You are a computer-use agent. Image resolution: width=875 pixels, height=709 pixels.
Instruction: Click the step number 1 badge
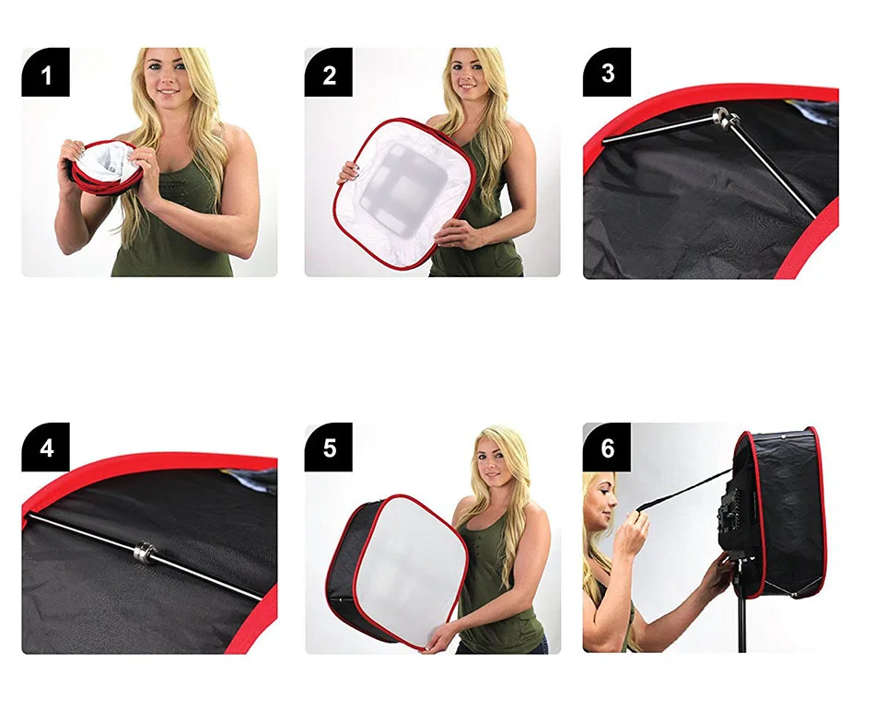pos(46,73)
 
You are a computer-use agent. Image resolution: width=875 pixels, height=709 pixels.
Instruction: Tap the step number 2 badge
pos(329,73)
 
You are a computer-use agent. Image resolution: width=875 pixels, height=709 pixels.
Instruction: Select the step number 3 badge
pos(607,73)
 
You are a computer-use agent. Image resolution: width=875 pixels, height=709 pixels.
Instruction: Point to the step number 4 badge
pos(46,447)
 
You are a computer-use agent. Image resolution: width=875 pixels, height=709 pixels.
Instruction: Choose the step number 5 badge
pos(329,447)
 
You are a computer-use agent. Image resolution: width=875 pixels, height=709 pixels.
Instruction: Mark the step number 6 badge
pos(607,447)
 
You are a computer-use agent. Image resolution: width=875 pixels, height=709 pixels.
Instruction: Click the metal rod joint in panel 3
pos(725,118)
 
